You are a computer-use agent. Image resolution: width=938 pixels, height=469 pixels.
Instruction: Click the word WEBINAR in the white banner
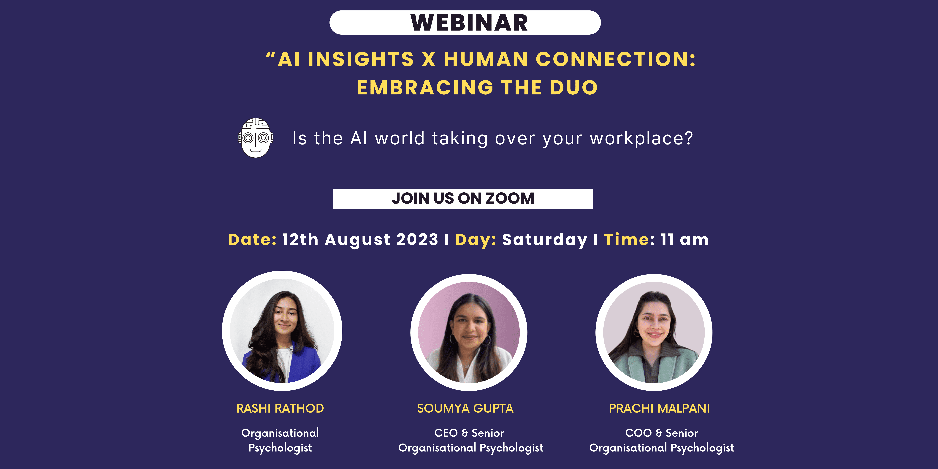pos(469,23)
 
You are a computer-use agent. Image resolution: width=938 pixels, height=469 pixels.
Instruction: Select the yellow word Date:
pos(252,240)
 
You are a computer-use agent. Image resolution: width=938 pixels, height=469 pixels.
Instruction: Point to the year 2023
pos(417,240)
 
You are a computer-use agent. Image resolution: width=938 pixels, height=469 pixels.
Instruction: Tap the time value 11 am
pos(685,240)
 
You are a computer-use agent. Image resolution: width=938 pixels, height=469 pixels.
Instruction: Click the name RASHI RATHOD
pos(280,408)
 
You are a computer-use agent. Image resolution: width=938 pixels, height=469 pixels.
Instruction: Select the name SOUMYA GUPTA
pos(465,408)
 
